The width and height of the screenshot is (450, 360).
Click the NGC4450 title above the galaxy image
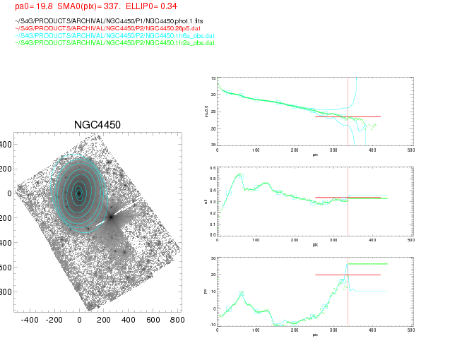point(97,125)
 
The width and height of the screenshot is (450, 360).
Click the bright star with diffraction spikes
point(111,217)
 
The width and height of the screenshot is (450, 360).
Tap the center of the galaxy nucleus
point(78,192)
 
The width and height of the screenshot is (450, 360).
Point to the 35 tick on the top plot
point(212,145)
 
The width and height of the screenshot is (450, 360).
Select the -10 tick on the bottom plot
point(211,325)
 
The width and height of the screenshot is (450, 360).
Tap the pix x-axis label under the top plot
point(314,153)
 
